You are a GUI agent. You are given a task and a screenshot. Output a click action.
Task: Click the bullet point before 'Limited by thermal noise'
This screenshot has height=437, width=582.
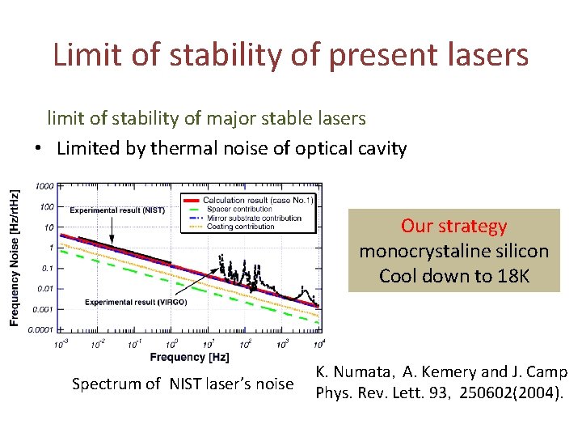click(38, 149)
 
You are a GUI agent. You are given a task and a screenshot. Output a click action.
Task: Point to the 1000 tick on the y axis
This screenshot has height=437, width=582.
click(44, 186)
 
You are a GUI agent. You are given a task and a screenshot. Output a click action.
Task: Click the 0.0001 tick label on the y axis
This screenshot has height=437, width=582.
click(44, 329)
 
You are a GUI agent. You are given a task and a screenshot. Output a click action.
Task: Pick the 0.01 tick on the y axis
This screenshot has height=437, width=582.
click(47, 288)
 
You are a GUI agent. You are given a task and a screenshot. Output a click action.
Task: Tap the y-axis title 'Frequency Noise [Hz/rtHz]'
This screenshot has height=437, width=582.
click(15, 258)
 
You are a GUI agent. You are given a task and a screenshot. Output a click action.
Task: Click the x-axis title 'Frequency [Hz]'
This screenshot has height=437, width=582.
click(189, 357)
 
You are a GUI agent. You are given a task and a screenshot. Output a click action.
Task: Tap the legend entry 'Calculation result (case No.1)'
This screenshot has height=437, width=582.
click(258, 200)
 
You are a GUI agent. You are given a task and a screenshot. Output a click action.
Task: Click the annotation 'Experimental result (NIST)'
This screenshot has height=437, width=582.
click(117, 210)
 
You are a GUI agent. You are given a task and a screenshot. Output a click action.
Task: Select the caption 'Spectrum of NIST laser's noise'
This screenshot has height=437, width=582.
click(183, 384)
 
